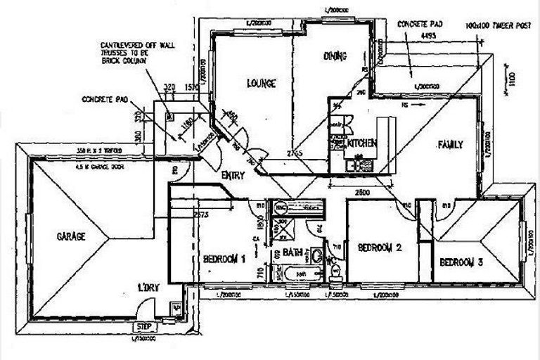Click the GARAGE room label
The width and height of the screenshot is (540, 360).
point(71,236)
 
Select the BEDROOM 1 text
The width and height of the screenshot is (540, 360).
point(224,259)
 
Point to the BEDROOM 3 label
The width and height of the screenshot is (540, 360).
point(461,262)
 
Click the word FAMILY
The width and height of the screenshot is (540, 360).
point(449,145)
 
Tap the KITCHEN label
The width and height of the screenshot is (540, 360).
point(362,143)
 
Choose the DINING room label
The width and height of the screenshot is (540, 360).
point(335,56)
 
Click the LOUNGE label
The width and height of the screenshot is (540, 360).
point(261,83)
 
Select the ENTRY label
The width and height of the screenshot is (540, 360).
point(233,176)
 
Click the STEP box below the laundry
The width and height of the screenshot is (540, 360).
point(145,327)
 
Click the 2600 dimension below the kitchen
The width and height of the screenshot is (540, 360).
point(362,191)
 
